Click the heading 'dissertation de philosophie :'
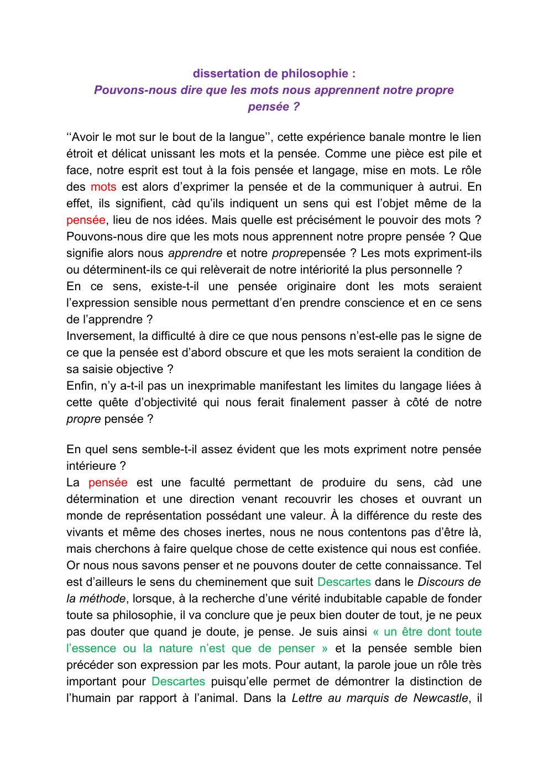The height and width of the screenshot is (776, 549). point(274,74)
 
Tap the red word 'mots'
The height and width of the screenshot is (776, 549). point(103,187)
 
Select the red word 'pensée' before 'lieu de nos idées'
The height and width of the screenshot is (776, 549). point(86,220)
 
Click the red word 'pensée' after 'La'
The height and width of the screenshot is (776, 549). point(108,483)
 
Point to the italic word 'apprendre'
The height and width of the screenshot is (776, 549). point(195,253)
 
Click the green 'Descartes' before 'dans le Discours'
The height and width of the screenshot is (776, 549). point(344,582)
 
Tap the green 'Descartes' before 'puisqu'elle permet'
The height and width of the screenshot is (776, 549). point(178,681)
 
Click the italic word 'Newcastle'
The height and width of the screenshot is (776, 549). point(441,698)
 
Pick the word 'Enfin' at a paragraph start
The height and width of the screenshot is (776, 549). point(80,386)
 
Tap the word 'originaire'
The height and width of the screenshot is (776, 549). point(311,286)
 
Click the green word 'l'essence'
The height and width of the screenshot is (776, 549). point(91,648)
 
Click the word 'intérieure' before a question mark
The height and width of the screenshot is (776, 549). point(91,466)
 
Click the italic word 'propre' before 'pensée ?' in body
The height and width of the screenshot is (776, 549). point(83,419)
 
